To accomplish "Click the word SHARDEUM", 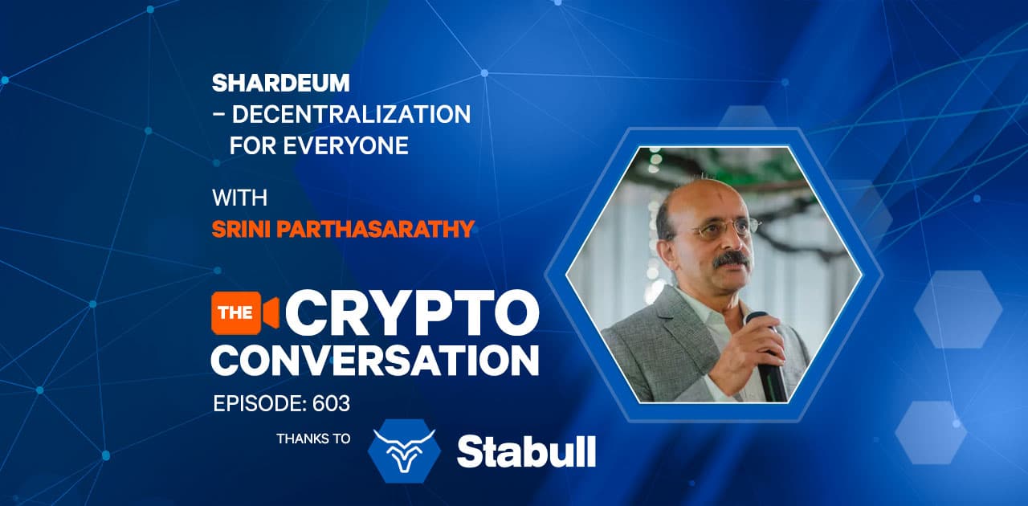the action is pos(280,83).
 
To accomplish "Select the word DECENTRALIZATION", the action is pos(351,114).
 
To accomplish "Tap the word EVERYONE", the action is pos(345,145).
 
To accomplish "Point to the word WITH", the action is pos(239,198).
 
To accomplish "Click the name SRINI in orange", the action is pos(241,229).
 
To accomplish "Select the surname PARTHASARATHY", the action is pos(375,229).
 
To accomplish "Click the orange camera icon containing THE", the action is pos(245,312).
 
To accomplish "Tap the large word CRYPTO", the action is pos(413,313).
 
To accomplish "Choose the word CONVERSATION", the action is pos(374,361).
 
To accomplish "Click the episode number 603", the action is pos(331,404).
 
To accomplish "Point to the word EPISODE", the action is pos(259,404).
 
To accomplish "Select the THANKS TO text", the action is pos(313,439).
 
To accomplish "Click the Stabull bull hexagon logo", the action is pos(404,451).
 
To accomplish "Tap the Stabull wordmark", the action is pos(526,451).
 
